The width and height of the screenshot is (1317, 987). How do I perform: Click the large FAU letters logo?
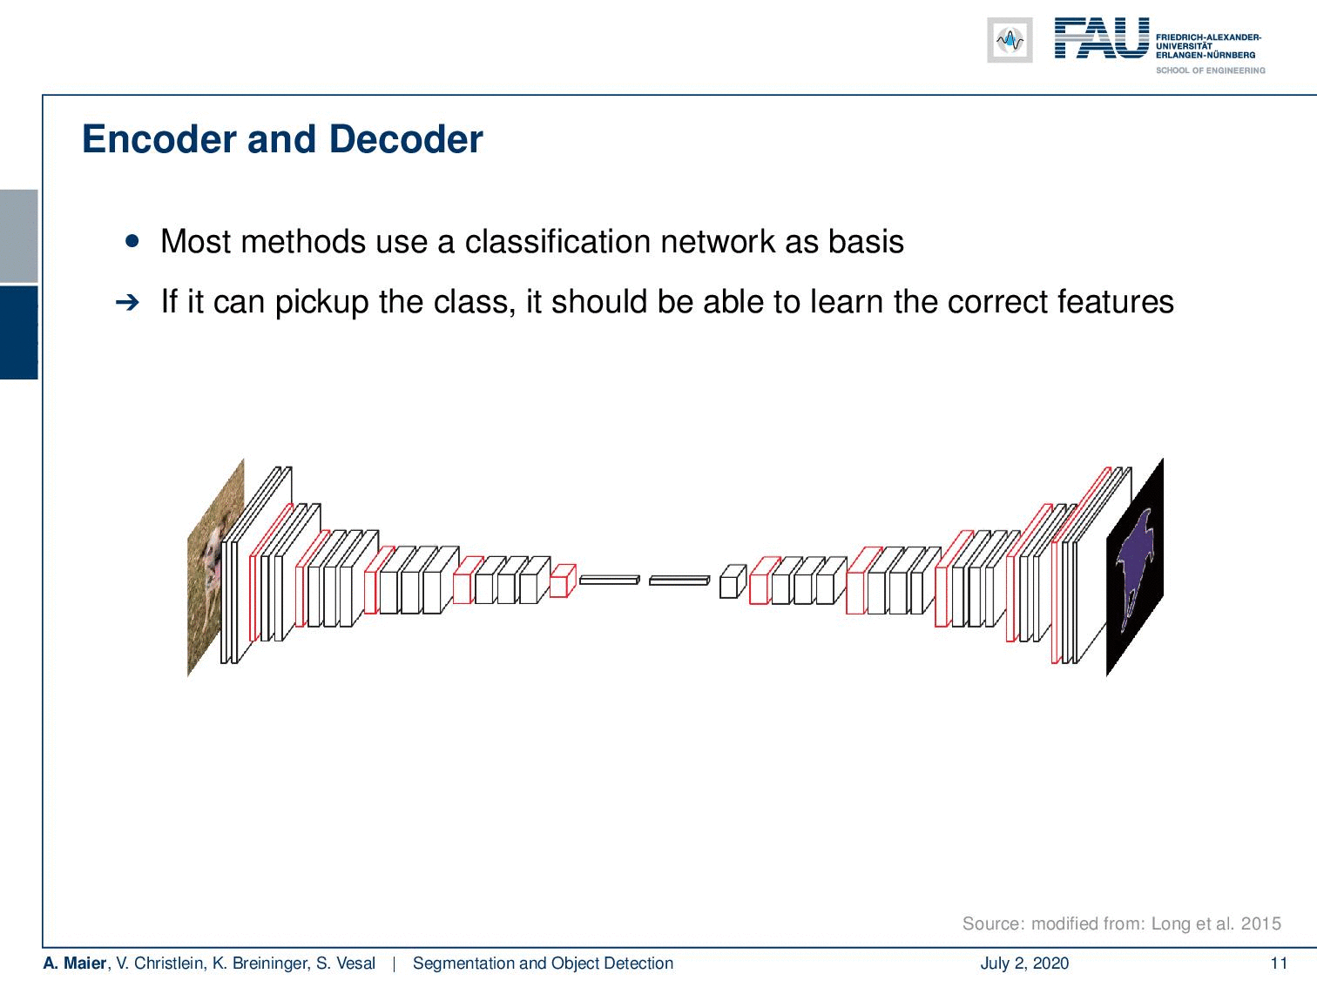[1102, 38]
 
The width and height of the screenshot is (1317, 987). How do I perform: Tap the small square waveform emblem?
[1010, 40]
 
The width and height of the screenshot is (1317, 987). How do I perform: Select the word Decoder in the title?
[406, 139]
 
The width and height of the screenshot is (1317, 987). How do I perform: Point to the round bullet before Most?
[132, 241]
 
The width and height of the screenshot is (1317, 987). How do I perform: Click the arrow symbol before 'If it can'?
[127, 303]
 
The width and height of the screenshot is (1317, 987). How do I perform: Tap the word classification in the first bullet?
[558, 241]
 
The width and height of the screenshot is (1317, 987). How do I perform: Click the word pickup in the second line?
[321, 303]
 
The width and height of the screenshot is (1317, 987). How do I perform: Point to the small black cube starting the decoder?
[733, 581]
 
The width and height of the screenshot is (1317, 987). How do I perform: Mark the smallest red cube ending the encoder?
[563, 581]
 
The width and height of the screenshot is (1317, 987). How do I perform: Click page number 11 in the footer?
[1279, 963]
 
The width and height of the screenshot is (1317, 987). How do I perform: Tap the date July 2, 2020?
[1024, 963]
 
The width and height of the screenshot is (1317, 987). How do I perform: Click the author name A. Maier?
[74, 963]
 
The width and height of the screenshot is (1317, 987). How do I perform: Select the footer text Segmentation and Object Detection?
[543, 963]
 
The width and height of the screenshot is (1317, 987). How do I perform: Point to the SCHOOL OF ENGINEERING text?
[1210, 70]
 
